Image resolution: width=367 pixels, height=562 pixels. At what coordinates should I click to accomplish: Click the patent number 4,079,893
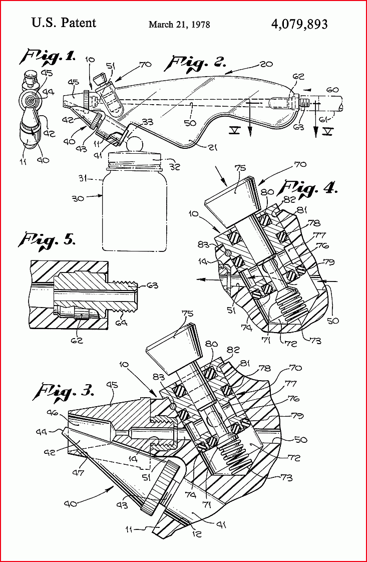point(299,24)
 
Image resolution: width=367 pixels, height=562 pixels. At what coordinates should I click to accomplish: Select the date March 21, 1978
point(179,25)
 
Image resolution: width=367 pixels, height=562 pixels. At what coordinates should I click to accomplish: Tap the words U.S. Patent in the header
point(64,23)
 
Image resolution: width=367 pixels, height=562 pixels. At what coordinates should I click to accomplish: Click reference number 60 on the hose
point(332,90)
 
